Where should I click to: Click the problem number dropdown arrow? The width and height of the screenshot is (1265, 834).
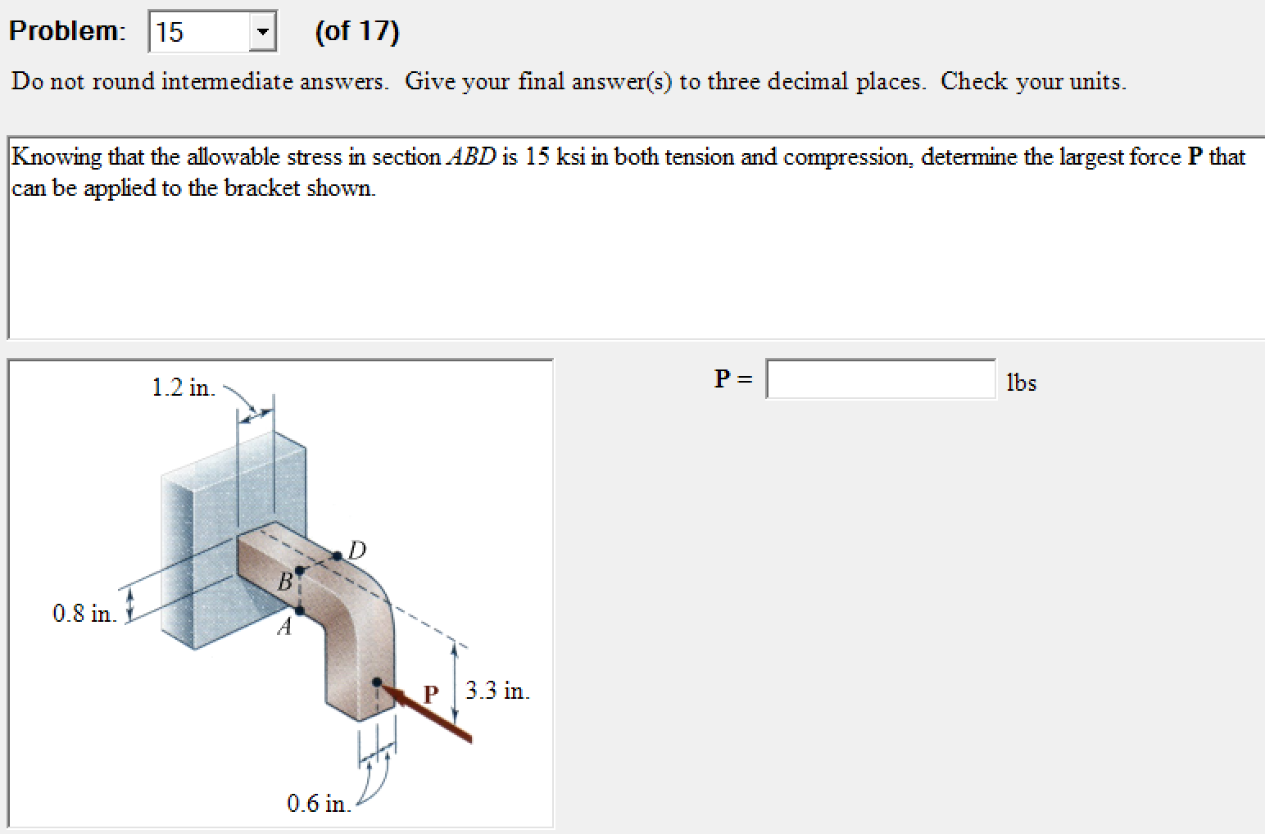click(262, 33)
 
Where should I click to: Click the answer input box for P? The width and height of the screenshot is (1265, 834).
click(881, 379)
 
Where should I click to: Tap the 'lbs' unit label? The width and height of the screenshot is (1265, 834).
click(1021, 383)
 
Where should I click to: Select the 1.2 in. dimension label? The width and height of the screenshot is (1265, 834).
click(184, 388)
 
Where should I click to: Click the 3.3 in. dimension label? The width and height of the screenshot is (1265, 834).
click(497, 691)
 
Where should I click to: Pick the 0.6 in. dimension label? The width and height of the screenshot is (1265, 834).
click(319, 803)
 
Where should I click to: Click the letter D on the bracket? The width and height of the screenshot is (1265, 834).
click(357, 550)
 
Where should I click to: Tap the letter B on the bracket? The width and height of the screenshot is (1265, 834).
click(284, 582)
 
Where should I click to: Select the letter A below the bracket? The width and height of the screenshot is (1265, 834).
click(284, 628)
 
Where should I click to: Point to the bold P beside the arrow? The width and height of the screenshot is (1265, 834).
click(431, 695)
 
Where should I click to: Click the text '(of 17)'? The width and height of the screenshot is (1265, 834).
click(357, 31)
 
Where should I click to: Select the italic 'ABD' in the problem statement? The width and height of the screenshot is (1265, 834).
click(471, 156)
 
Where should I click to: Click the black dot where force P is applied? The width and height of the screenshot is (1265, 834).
click(377, 682)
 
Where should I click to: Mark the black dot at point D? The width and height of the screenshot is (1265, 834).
click(338, 556)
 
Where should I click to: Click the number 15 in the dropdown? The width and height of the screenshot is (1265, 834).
click(170, 33)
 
